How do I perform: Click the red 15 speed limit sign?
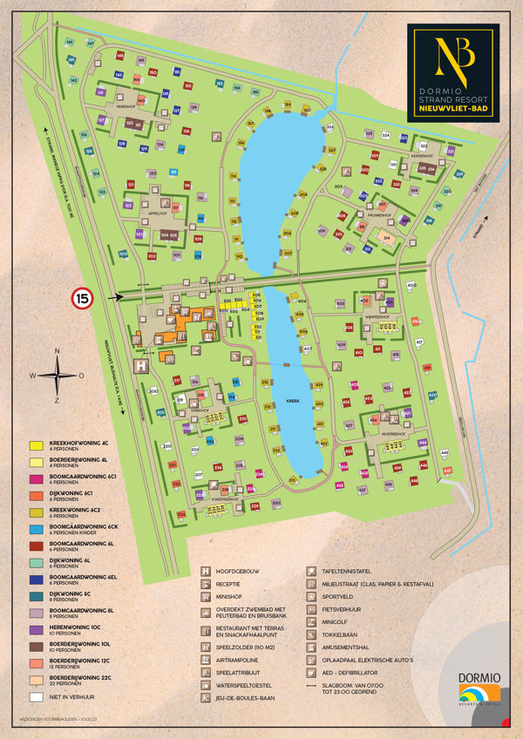(x=81, y=298)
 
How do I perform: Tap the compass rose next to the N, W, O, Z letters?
(x=57, y=376)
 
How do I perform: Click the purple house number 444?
(x=422, y=444)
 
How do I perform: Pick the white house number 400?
(x=411, y=286)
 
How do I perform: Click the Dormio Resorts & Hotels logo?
(x=476, y=688)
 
